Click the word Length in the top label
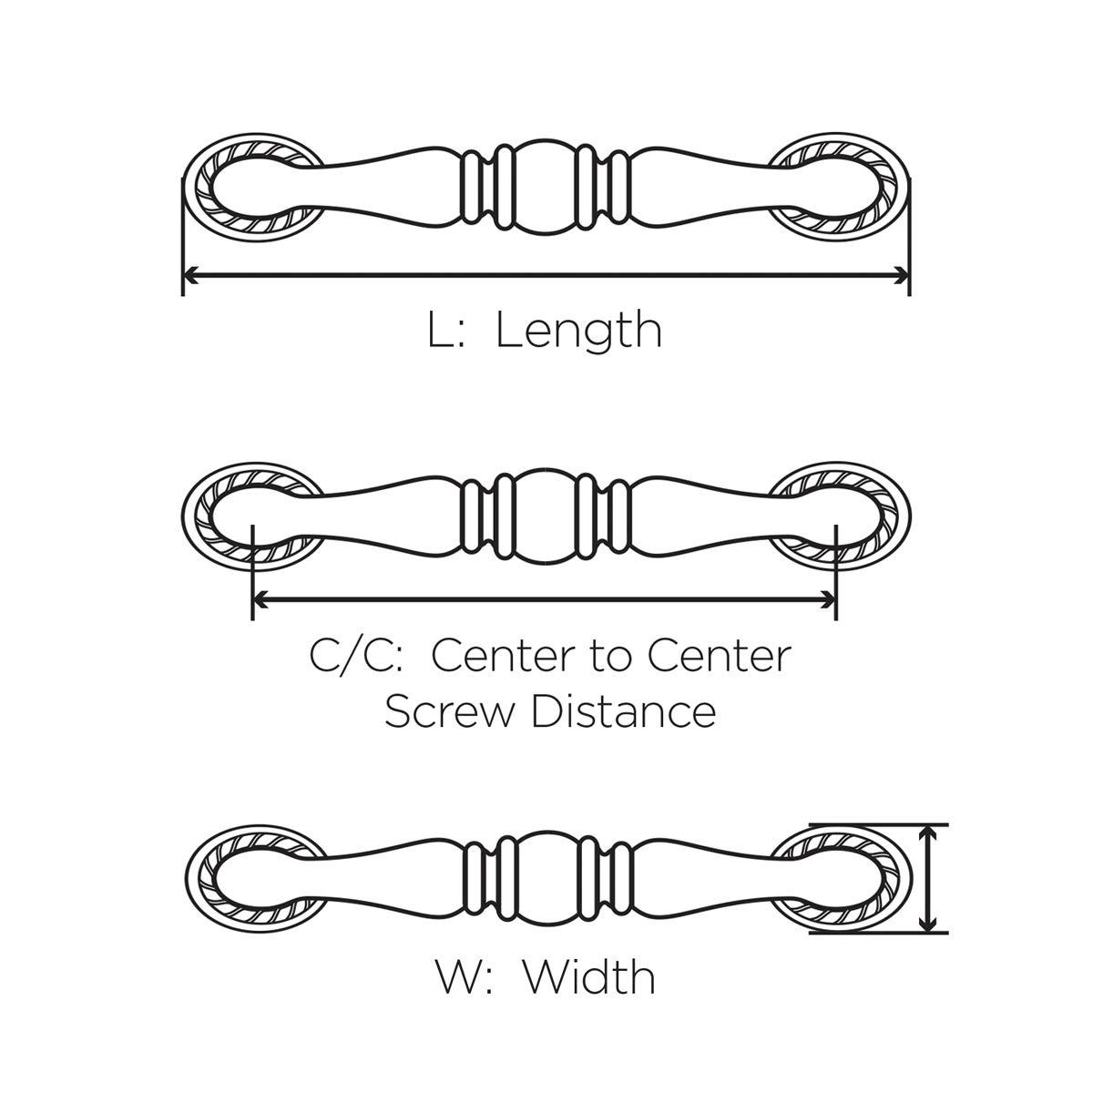(x=578, y=331)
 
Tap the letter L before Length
(x=439, y=331)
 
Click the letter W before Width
(x=461, y=977)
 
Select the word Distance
(x=624, y=711)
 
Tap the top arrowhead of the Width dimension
(x=928, y=833)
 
